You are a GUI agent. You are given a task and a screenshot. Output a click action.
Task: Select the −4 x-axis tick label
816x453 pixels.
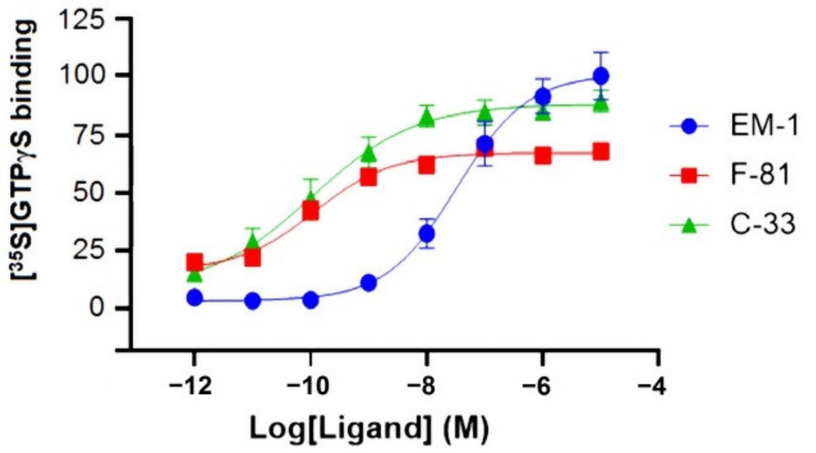pyautogui.click(x=657, y=387)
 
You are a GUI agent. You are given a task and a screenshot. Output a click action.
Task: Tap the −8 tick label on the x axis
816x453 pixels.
pyautogui.click(x=426, y=387)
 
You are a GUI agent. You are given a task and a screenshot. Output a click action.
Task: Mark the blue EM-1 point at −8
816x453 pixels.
pyautogui.click(x=426, y=233)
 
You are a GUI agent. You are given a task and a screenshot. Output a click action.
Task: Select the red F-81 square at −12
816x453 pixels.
pyautogui.click(x=194, y=262)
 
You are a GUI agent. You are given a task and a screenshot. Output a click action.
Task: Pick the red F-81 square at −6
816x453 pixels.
pyautogui.click(x=542, y=155)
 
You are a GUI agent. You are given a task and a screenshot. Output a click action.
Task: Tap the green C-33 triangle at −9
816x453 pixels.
pyautogui.click(x=369, y=153)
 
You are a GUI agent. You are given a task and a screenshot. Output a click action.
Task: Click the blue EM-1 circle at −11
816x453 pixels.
pyautogui.click(x=253, y=301)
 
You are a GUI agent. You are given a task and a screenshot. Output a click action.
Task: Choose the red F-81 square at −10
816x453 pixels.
pyautogui.click(x=310, y=212)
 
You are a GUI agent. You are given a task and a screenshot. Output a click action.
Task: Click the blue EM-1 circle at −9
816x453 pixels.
pyautogui.click(x=369, y=283)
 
